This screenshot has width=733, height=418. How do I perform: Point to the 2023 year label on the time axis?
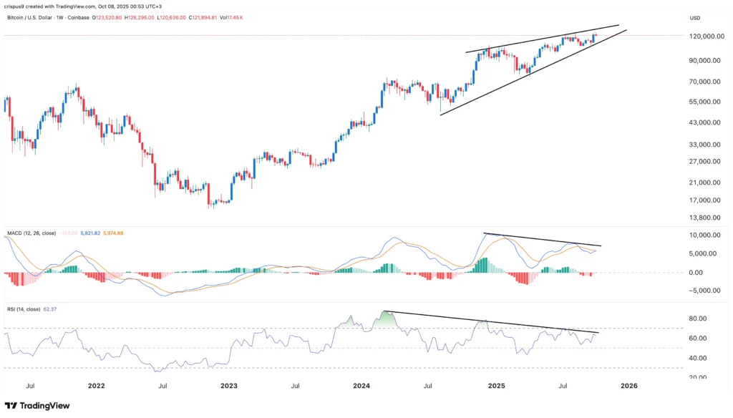pos(229,385)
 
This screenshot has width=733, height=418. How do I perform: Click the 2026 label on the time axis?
pos(628,385)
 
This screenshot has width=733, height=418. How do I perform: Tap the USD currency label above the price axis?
pos(695,17)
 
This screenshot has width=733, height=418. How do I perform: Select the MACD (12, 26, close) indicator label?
pos(29,233)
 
